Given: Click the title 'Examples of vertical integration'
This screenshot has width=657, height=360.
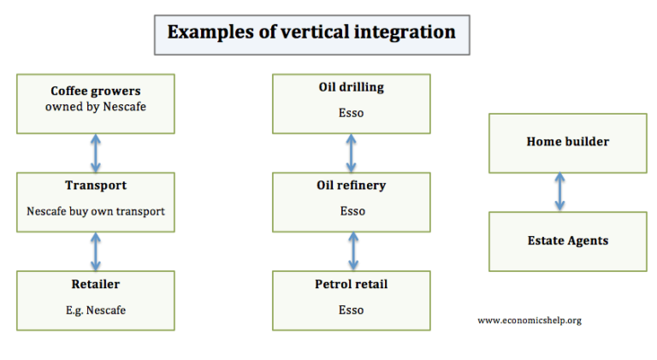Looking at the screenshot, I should pos(311,32).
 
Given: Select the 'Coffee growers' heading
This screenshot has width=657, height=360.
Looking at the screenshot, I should pos(95,91).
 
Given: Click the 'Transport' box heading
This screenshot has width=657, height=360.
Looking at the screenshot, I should pos(95,186).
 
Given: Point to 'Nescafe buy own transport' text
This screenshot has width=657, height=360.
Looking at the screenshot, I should pos(95,210).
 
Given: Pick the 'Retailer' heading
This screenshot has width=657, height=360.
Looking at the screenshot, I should pos(95,284).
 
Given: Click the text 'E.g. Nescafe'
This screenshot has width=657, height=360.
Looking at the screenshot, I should pos(95,310).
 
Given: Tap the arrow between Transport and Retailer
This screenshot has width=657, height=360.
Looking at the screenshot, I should pos(95,251).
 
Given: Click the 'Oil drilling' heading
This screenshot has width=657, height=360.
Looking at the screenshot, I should pos(351,87).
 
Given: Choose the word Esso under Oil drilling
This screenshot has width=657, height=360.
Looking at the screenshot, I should pos(351,113).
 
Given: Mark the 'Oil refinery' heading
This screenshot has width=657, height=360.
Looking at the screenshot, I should pos(351,186).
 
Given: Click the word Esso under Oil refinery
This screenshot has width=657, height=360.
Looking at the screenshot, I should pos(351,211).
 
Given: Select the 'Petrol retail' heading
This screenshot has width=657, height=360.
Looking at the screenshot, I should pos(351,284).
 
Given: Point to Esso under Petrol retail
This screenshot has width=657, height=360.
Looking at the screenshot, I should pos(351,310).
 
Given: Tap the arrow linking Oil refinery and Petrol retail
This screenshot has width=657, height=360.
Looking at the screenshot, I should pos(352,251).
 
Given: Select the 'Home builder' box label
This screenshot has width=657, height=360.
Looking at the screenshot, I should pos(567,141).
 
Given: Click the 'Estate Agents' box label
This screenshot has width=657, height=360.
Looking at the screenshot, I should pos(567,241).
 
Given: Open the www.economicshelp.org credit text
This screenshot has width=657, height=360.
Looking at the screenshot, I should pos(529,320).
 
